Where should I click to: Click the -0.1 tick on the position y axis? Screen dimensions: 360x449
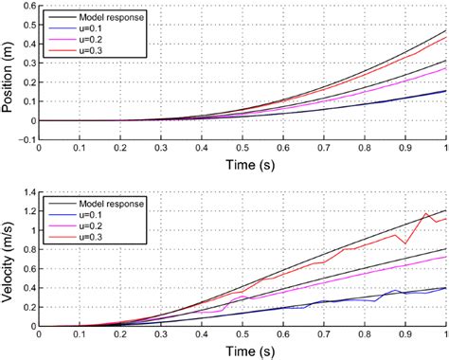[x=25, y=140]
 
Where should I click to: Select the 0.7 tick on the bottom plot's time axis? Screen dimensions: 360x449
[x=323, y=333]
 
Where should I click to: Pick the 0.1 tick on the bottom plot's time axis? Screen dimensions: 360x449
[x=79, y=333]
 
